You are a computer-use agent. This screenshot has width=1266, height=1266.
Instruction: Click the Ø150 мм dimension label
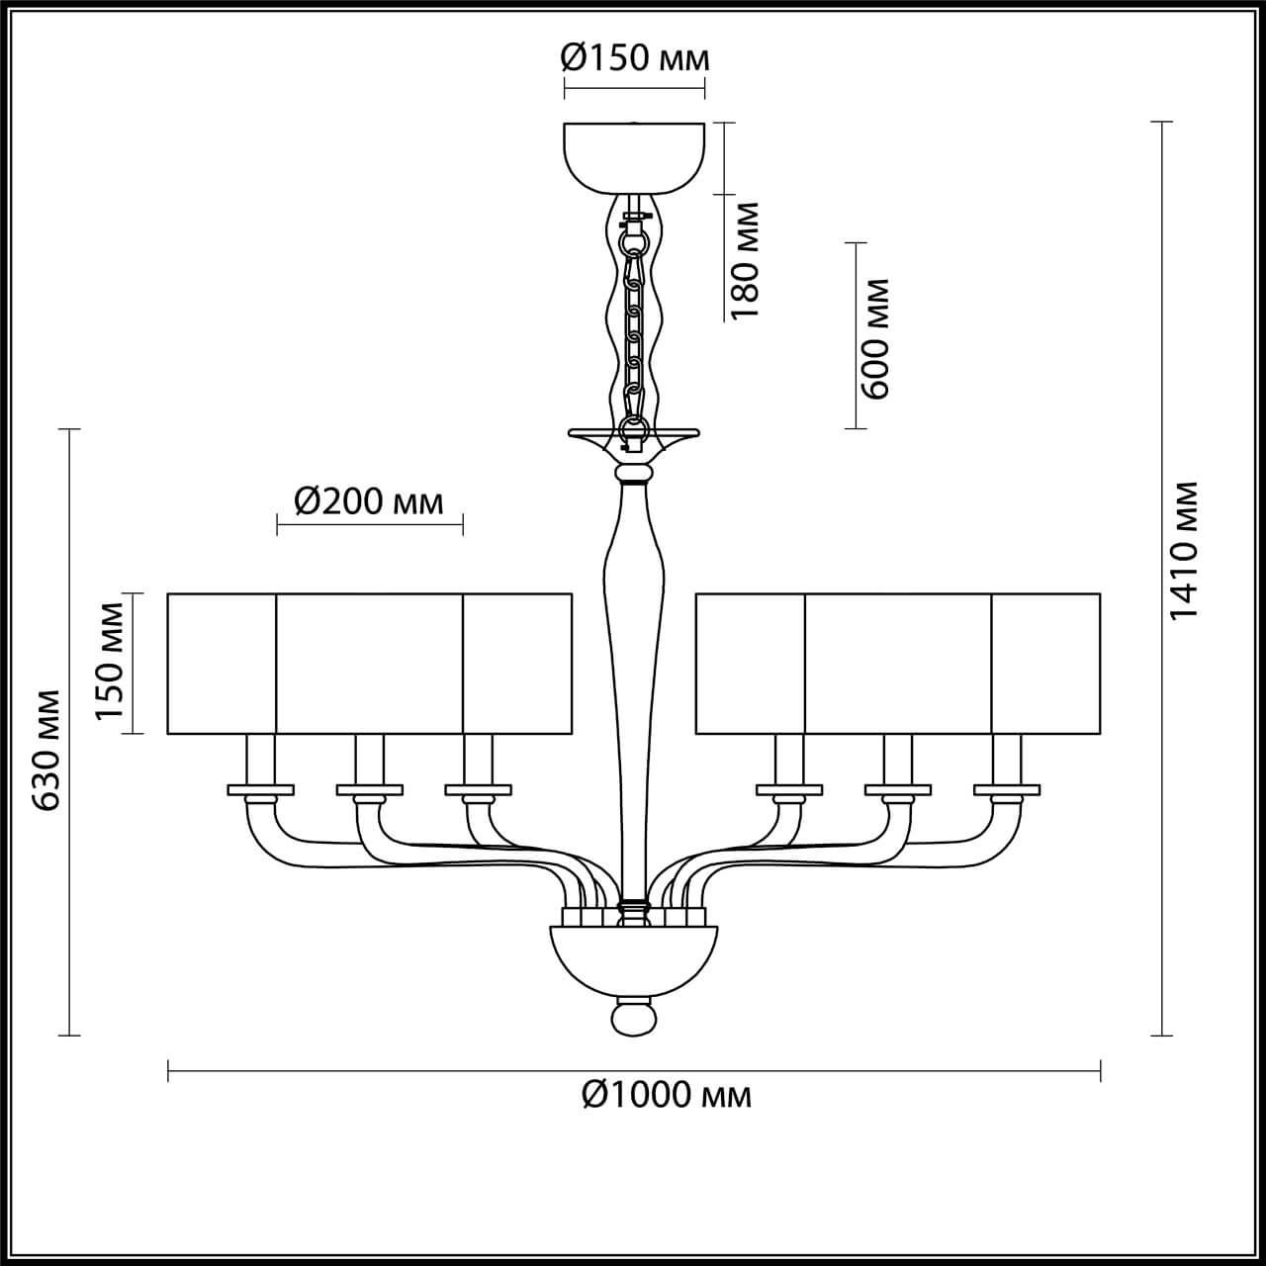click(634, 59)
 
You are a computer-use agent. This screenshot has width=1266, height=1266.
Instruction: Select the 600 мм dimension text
click(875, 337)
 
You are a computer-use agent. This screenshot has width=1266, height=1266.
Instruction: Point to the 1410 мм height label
click(1184, 551)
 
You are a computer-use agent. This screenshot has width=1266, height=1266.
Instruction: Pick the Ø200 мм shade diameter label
click(368, 502)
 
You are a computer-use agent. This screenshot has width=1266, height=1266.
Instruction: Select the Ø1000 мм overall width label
click(666, 1094)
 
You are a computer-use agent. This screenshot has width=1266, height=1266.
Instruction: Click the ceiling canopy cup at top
click(634, 155)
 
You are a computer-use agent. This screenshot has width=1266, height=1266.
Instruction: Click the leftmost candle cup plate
click(260, 789)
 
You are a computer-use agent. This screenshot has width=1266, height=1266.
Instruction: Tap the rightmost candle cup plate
click(1007, 789)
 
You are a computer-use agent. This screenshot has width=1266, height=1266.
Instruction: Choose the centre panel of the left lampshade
click(369, 663)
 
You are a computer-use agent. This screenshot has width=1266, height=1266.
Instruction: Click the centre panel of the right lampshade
click(898, 663)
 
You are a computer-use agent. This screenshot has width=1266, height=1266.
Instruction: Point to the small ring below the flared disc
click(634, 476)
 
